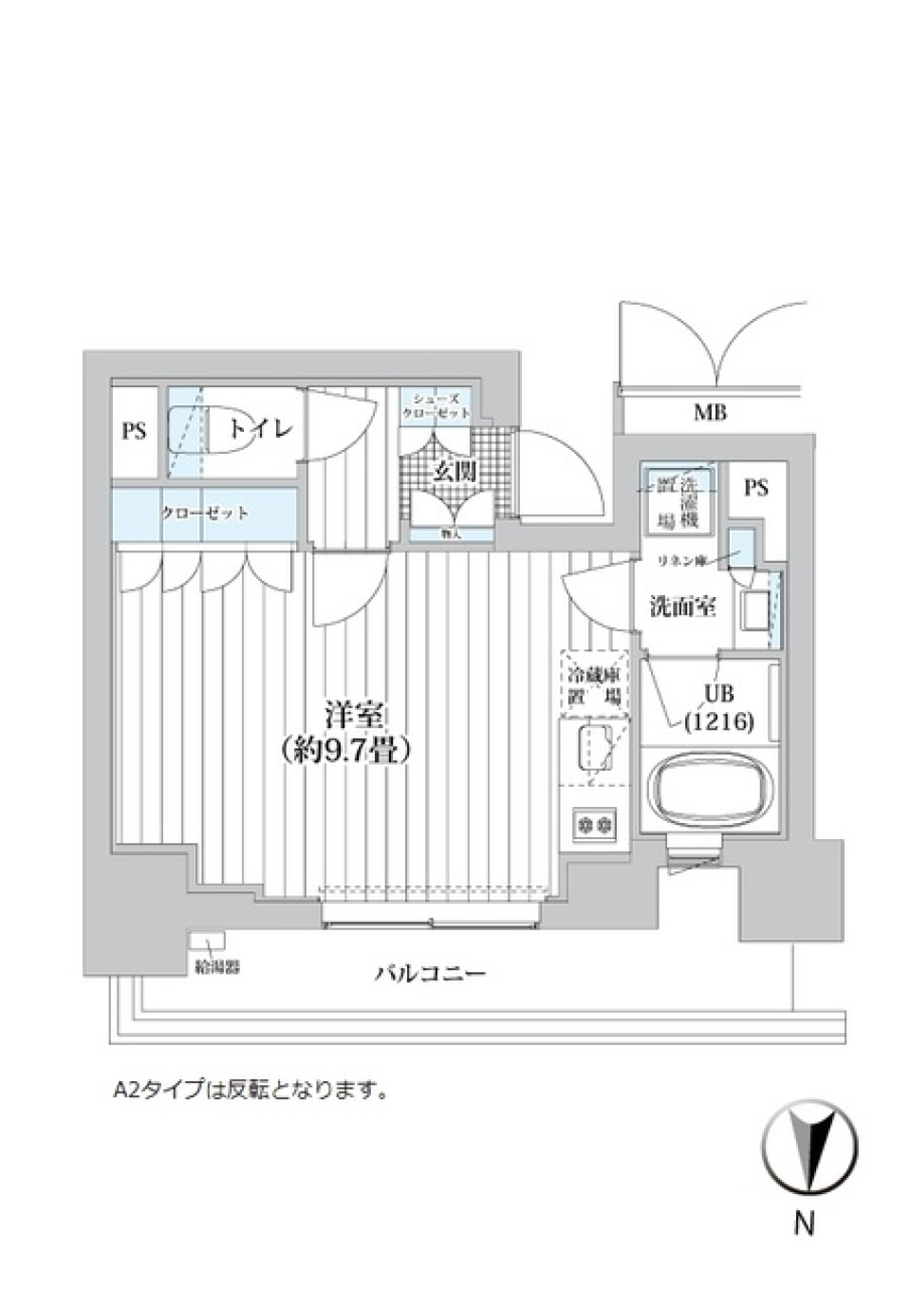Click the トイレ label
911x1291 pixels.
click(259, 429)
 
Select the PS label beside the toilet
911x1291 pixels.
click(134, 431)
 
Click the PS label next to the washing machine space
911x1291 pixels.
click(755, 488)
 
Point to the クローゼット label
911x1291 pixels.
click(204, 514)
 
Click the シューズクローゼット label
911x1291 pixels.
click(435, 407)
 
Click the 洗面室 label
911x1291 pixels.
click(681, 607)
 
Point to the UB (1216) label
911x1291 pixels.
click(718, 708)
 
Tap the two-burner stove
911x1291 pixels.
click(594, 823)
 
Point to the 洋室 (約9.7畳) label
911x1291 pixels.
click(345, 732)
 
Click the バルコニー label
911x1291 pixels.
click(429, 973)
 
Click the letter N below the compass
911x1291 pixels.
click(804, 1225)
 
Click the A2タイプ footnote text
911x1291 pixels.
click(251, 1091)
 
